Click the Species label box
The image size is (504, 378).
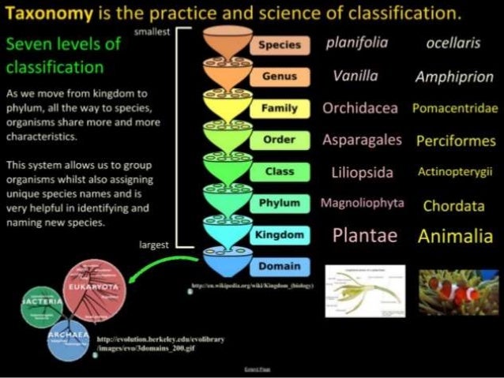coord(280,45)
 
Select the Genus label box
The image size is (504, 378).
coord(280,77)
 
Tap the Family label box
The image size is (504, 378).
coord(280,108)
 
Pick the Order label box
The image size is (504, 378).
coord(280,140)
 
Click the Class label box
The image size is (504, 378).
coord(280,171)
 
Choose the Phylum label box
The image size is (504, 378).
coord(280,203)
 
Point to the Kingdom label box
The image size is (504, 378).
coord(280,234)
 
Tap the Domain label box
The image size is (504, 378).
coord(280,266)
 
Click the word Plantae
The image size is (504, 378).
coord(365,235)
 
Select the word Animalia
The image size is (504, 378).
coord(455,236)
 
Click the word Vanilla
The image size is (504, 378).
coord(355,77)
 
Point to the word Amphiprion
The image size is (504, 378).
coord(454,77)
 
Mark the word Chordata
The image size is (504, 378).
coord(453,206)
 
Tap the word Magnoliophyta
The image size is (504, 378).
coord(362,204)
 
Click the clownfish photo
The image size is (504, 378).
coord(458,291)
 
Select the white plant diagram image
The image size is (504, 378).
coord(365,290)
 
